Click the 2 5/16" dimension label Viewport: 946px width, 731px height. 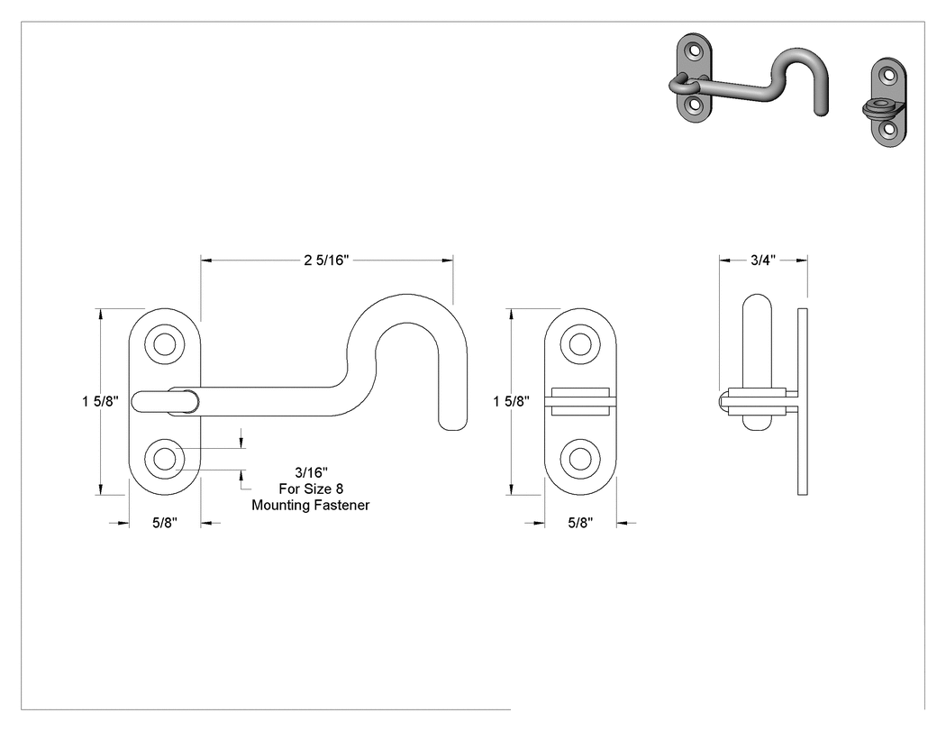[x=326, y=260]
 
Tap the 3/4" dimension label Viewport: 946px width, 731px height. [x=762, y=260]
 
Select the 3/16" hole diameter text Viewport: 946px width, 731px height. [x=312, y=472]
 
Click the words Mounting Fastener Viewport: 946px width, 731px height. [x=311, y=506]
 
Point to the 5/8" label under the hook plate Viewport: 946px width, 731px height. [x=164, y=523]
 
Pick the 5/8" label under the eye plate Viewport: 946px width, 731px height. [x=580, y=523]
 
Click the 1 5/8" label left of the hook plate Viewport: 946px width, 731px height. [x=100, y=401]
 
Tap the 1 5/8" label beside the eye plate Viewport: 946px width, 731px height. [x=511, y=401]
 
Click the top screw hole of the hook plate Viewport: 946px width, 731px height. [x=164, y=344]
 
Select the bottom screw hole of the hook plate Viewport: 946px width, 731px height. [x=164, y=459]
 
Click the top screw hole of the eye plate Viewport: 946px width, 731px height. [x=580, y=344]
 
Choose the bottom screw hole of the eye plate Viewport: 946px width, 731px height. [x=580, y=459]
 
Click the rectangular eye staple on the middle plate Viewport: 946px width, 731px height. [x=580, y=401]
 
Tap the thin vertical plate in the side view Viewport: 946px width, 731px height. [x=803, y=401]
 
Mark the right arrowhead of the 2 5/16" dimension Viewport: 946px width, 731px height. [x=448, y=260]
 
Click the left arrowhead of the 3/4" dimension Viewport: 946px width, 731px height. [x=724, y=260]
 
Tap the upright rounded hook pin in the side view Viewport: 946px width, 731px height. [x=757, y=362]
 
